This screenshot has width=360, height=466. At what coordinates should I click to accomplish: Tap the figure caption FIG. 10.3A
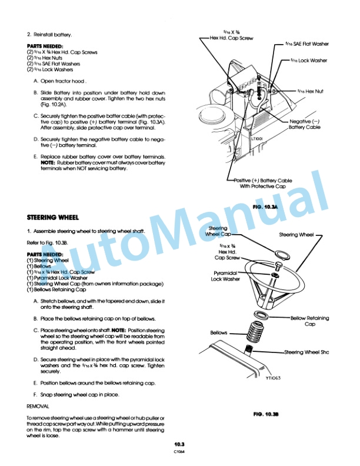pyautogui.click(x=263, y=208)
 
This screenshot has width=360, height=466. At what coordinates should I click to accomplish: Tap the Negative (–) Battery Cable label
pyautogui.click(x=305, y=124)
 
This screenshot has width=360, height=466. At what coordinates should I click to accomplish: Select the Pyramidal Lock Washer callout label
pyautogui.click(x=225, y=277)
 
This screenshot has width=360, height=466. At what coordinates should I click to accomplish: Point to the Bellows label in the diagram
pyautogui.click(x=218, y=333)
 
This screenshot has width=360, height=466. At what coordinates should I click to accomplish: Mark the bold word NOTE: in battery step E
pyautogui.click(x=40, y=163)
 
